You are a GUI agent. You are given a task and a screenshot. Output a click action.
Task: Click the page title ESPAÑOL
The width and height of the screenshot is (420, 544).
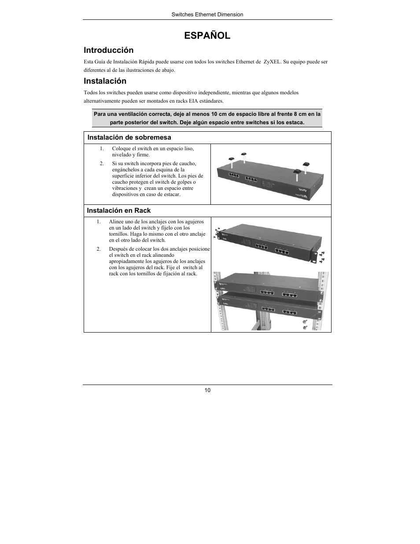pos(207,36)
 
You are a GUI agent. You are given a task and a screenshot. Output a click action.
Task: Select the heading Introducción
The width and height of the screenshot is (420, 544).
pos(108,50)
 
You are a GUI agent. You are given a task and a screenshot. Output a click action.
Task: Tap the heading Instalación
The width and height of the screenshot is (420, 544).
pos(105,81)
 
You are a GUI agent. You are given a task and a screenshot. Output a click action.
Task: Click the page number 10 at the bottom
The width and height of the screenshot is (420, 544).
pos(207,390)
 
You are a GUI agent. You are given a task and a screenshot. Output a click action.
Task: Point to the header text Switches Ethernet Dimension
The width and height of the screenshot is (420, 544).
pos(207,15)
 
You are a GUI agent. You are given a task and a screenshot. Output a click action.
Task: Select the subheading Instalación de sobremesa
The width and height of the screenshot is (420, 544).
pos(129,137)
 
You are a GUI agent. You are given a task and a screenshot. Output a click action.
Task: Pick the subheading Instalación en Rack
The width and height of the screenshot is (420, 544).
pos(118,211)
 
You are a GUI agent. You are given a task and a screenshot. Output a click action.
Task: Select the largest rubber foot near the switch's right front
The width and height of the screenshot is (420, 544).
pos(298,171)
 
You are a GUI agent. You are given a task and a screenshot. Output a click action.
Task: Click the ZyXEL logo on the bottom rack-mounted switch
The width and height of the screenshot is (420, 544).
pos(225,303)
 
